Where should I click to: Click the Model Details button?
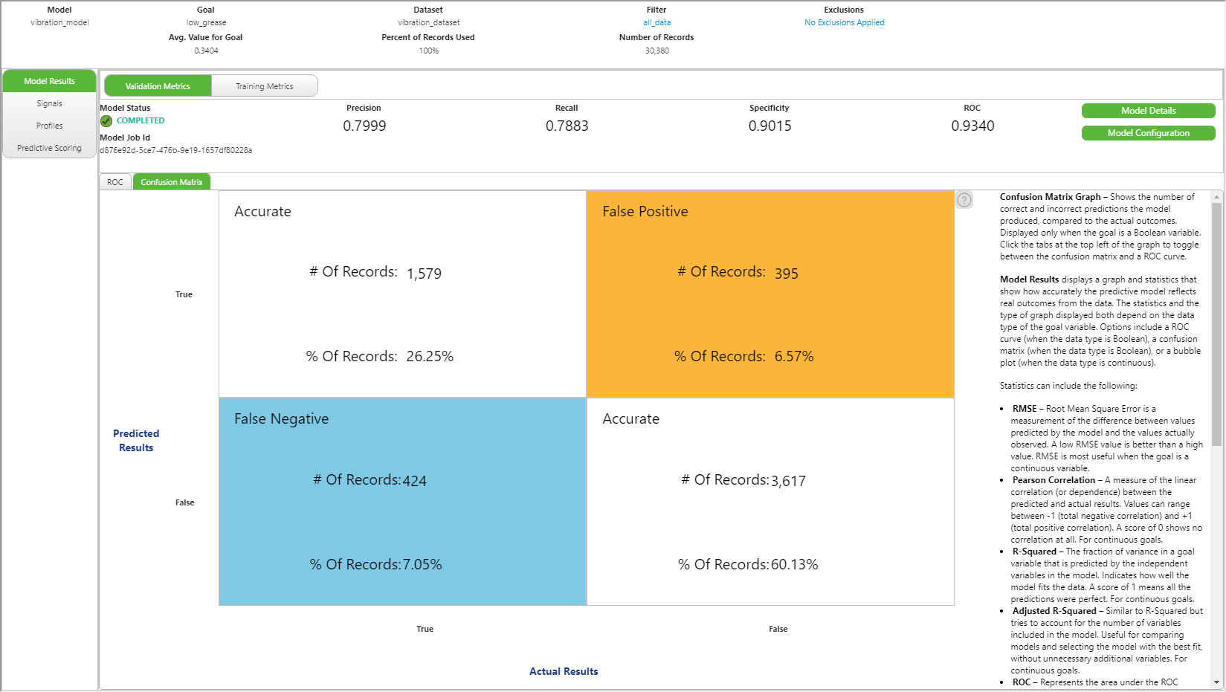(x=1148, y=111)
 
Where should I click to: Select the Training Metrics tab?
(x=264, y=86)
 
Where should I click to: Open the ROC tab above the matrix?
(x=115, y=182)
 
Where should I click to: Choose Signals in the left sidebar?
(x=49, y=103)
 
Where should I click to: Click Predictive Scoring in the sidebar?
(x=49, y=148)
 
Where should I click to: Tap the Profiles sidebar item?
(x=49, y=126)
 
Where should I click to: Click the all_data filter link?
(x=656, y=22)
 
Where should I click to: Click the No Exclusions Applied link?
(x=844, y=22)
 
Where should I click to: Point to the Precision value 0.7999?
(x=364, y=126)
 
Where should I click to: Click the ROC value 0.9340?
(x=972, y=126)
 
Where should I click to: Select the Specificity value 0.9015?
(x=770, y=126)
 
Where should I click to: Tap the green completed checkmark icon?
(x=106, y=120)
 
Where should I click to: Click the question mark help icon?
(x=964, y=200)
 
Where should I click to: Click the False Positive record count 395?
(x=786, y=274)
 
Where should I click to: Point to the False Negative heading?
(x=281, y=419)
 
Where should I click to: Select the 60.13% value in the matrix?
(x=794, y=565)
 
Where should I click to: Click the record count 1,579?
(x=424, y=274)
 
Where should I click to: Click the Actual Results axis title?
(x=564, y=671)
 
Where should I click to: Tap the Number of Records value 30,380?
(x=656, y=51)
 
